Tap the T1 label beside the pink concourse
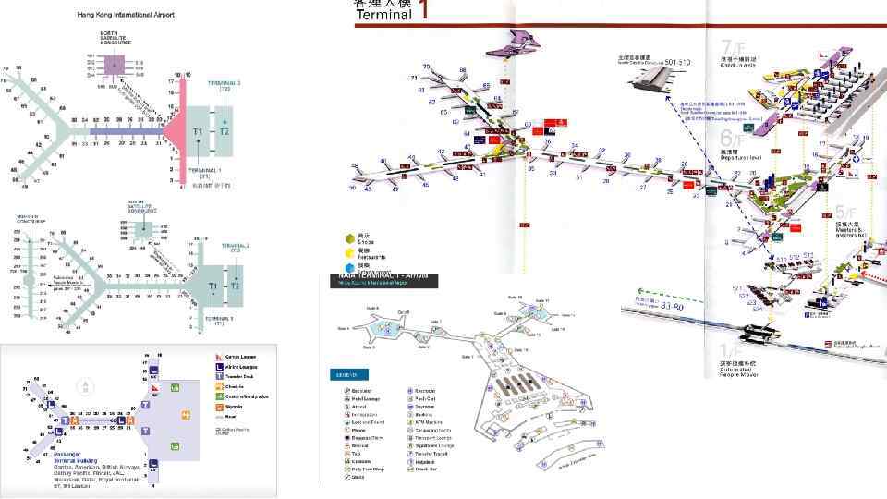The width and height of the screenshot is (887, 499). (197, 133)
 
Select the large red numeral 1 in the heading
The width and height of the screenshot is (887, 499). (423, 11)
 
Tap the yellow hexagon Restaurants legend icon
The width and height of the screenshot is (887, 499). (347, 251)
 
